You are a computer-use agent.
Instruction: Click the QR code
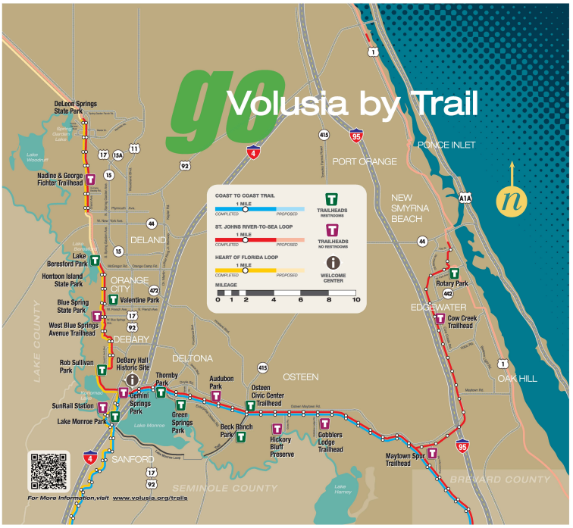coord(49,471)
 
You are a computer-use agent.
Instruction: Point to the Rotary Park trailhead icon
coord(455,273)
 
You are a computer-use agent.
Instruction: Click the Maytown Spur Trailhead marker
coord(433,454)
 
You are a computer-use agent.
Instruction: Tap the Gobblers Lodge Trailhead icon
coord(325,424)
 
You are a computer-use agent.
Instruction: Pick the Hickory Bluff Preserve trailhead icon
coord(276,430)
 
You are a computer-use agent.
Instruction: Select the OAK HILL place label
coord(517,378)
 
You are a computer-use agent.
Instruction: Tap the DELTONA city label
coord(193,358)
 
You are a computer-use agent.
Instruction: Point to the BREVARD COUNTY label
coord(499,480)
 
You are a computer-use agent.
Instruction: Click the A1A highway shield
coord(465,198)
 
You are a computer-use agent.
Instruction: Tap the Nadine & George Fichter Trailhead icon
coord(90,180)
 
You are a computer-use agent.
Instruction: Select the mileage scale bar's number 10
coord(355,300)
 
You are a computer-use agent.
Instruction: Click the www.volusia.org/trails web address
coord(149,498)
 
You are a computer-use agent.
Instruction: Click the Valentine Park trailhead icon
coord(113,300)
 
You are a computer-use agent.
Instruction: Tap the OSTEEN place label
coord(300,376)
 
